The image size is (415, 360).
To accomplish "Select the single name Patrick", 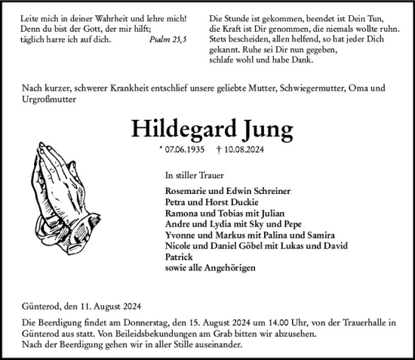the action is [x=178, y=257].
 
